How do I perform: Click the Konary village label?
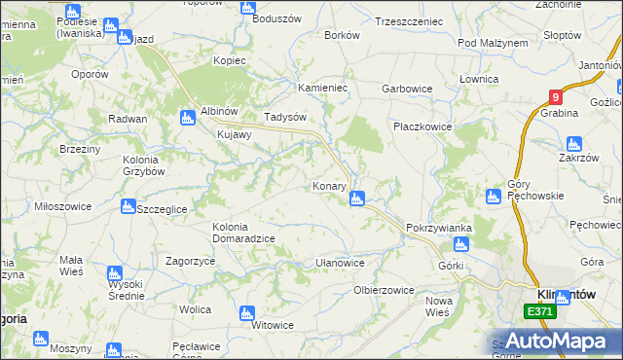[330, 185]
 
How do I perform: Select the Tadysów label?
[286, 117]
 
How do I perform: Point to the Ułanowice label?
[340, 263]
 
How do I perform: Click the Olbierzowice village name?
[384, 290]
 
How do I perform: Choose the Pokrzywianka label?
[439, 228]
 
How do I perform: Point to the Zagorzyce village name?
[190, 262]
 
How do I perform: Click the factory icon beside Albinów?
[186, 118]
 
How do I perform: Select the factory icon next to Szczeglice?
[128, 206]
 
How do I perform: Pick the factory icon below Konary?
[357, 199]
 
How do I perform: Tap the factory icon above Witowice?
[246, 312]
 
